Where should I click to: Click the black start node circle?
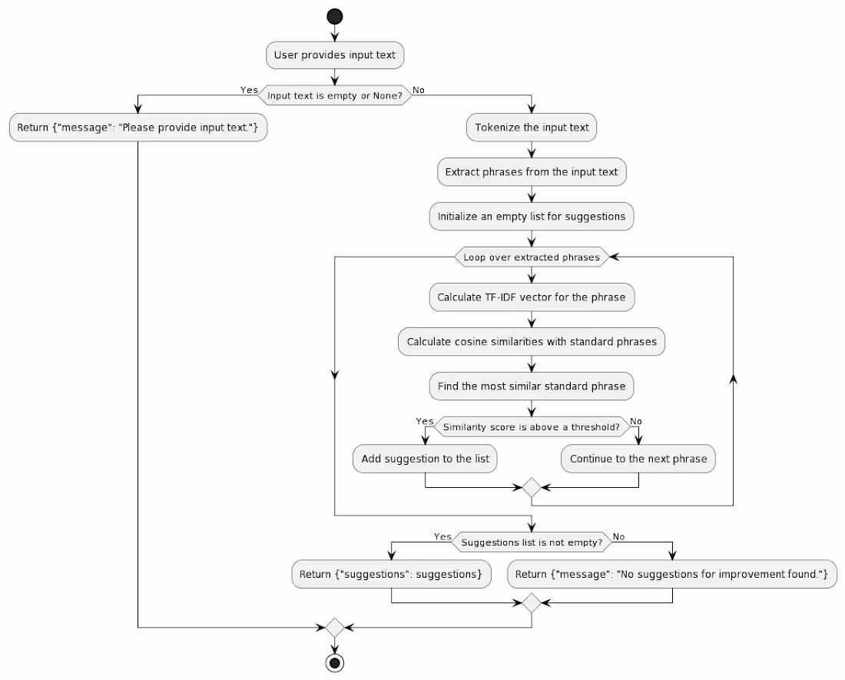click(x=335, y=17)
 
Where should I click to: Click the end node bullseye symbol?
click(x=335, y=663)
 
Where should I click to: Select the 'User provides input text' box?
click(x=335, y=55)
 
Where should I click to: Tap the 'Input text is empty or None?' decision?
click(x=335, y=95)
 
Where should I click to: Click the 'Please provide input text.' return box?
click(x=138, y=127)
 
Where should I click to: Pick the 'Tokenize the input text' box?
click(x=532, y=127)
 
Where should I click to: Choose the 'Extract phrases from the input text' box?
click(x=532, y=172)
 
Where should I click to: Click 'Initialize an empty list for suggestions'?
click(x=532, y=217)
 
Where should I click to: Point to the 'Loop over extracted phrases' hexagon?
click(x=532, y=257)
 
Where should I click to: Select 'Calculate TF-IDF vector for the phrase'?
click(x=532, y=297)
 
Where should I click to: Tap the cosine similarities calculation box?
click(x=532, y=342)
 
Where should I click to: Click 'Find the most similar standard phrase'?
click(x=532, y=386)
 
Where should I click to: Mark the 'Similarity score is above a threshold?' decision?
click(x=532, y=426)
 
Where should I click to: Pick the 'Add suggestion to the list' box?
click(x=426, y=459)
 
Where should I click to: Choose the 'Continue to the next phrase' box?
click(x=638, y=459)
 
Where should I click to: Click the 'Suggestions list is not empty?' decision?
click(x=532, y=542)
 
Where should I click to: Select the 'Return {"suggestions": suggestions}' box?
click(x=391, y=574)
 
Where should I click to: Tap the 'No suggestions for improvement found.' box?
click(x=672, y=574)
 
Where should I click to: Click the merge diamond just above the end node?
click(x=335, y=627)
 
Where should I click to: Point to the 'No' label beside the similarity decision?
click(x=636, y=421)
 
